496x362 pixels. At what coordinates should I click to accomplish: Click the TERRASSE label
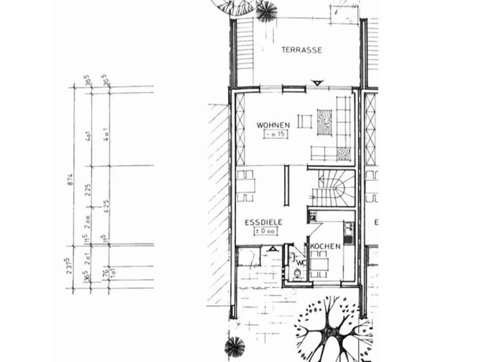click(302, 50)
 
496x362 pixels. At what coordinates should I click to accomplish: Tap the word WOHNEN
click(273, 125)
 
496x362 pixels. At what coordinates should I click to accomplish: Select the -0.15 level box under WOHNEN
click(274, 134)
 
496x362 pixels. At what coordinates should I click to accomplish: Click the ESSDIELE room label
click(264, 222)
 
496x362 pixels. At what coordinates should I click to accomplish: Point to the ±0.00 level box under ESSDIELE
click(265, 231)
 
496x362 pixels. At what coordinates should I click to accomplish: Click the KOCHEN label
click(325, 247)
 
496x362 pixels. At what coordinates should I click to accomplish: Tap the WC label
click(302, 262)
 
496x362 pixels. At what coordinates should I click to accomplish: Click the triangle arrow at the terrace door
click(316, 83)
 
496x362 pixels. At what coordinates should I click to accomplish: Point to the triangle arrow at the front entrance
click(274, 248)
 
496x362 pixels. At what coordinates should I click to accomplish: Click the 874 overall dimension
click(70, 179)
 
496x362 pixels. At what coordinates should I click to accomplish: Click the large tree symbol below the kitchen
click(331, 328)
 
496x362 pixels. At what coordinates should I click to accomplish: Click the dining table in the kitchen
click(320, 263)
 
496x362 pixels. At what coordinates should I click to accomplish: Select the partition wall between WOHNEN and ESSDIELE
click(288, 186)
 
